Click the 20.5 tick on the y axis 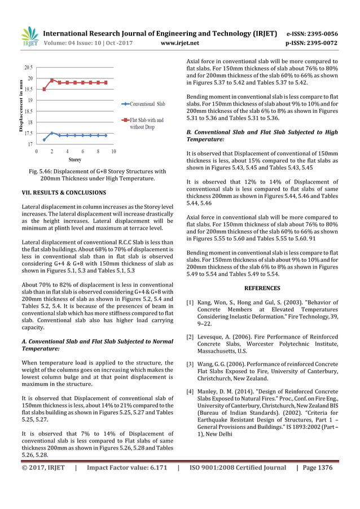tap(27, 67)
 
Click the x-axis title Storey tap(74, 160)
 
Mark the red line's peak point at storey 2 tap(52, 80)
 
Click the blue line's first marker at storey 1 tap(44, 140)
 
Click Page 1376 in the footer tap(317, 467)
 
